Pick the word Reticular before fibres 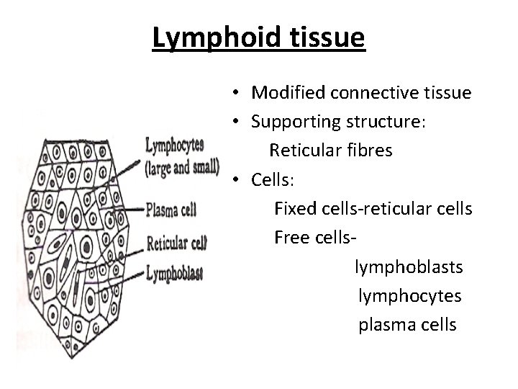coord(302,151)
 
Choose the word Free coord(291,238)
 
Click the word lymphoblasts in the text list coord(409,267)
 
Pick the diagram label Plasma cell coord(171,210)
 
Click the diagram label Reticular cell coord(176,243)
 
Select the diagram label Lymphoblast coord(174,273)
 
